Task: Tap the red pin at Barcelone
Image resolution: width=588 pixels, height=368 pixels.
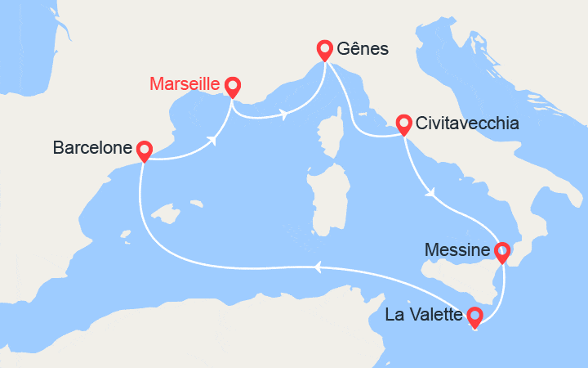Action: point(145,150)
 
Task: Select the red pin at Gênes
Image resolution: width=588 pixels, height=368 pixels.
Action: point(325,51)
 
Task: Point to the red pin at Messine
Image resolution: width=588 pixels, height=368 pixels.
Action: point(502,251)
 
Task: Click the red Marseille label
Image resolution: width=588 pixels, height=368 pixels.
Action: point(185,83)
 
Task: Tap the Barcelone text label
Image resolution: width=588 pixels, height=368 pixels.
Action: point(92,148)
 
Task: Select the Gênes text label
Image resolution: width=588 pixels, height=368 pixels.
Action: point(364,50)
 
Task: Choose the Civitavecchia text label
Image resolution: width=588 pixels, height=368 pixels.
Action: point(466,124)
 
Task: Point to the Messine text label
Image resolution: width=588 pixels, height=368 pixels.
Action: point(458,249)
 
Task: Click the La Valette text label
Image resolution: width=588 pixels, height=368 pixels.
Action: point(423,314)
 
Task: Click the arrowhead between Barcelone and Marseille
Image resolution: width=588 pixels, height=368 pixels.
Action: point(214,140)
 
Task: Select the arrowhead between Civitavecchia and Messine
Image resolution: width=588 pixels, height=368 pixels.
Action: point(430,194)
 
